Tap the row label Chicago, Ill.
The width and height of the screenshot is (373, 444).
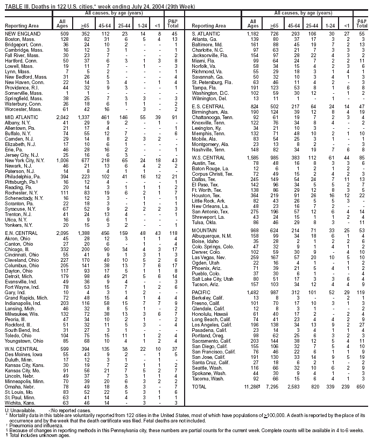click(x=18, y=249)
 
